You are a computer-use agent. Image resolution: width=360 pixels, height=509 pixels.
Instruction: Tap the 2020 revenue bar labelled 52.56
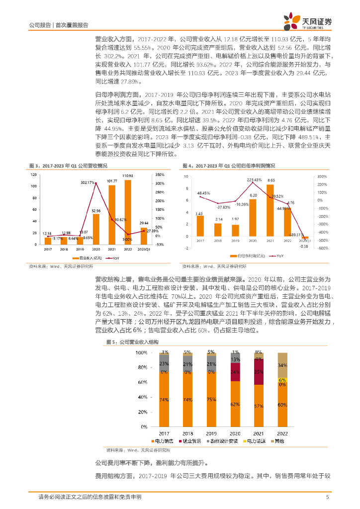[x=95, y=229]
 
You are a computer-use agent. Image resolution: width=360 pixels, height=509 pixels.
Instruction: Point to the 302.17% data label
[x=88, y=183]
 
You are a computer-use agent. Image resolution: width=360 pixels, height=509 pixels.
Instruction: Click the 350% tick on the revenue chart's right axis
[x=160, y=174]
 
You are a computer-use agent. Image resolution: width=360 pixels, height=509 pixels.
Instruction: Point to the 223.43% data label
[x=254, y=179]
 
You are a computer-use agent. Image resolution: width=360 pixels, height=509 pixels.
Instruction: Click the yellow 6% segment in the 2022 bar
[x=282, y=379]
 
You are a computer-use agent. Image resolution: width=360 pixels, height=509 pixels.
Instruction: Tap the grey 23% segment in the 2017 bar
[x=164, y=364]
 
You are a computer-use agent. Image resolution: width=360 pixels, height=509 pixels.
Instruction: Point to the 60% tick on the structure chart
[x=141, y=382]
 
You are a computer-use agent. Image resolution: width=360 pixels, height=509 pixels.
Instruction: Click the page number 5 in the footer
[x=327, y=497]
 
